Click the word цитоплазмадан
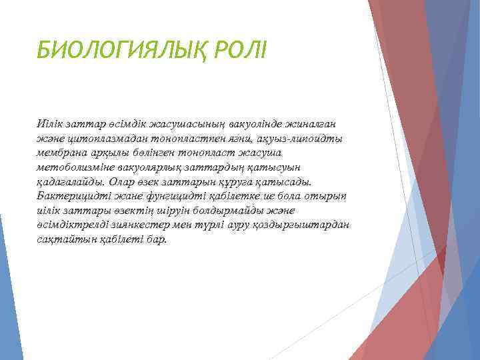pyautogui.click(x=101, y=137)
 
